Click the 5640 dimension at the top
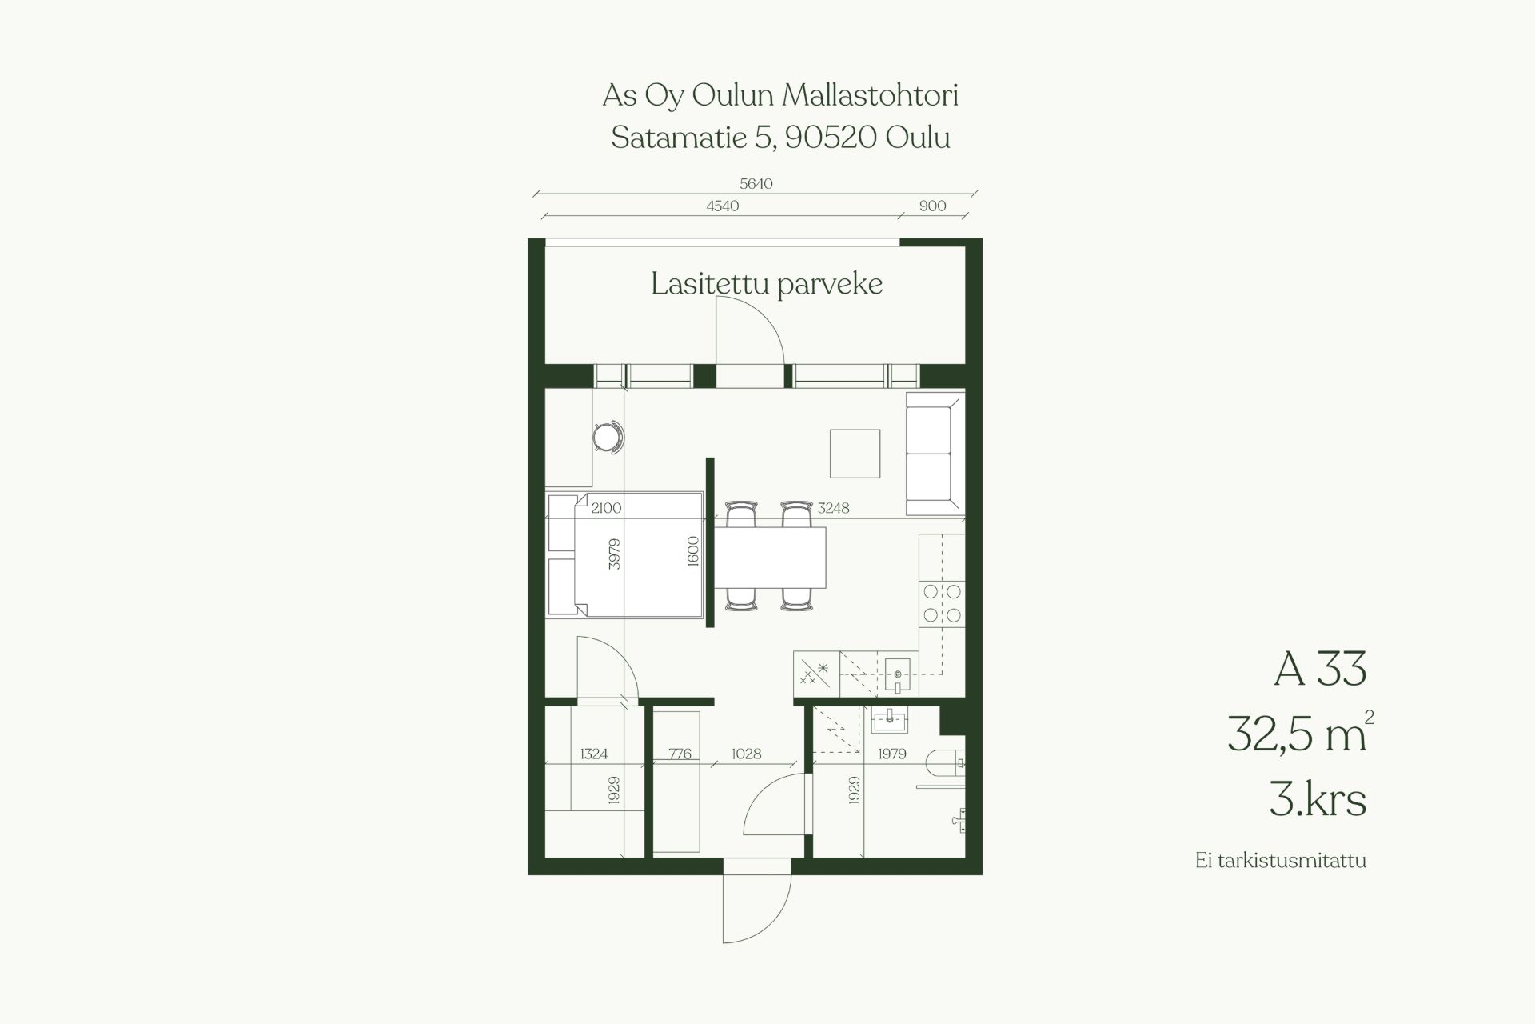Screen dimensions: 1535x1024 tap(756, 184)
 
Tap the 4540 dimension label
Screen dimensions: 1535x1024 tap(722, 206)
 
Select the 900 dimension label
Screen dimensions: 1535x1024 tap(932, 206)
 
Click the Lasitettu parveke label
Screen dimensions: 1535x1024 tap(767, 285)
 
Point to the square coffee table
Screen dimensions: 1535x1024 tap(855, 454)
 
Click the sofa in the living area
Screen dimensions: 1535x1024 tap(935, 453)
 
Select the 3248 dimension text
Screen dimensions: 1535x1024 tap(833, 508)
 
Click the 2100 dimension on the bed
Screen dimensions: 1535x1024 tap(607, 508)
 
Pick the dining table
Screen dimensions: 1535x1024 tap(768, 557)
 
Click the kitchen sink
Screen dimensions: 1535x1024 tap(898, 674)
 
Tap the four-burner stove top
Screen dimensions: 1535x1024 tap(942, 603)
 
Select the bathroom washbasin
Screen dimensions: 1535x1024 tap(889, 720)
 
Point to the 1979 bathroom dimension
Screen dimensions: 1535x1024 tap(892, 754)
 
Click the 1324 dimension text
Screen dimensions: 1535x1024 tap(594, 754)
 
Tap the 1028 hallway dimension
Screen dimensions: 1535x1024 tap(746, 754)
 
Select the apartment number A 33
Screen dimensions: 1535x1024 tap(1320, 669)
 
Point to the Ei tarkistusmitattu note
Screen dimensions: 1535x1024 tap(1281, 861)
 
